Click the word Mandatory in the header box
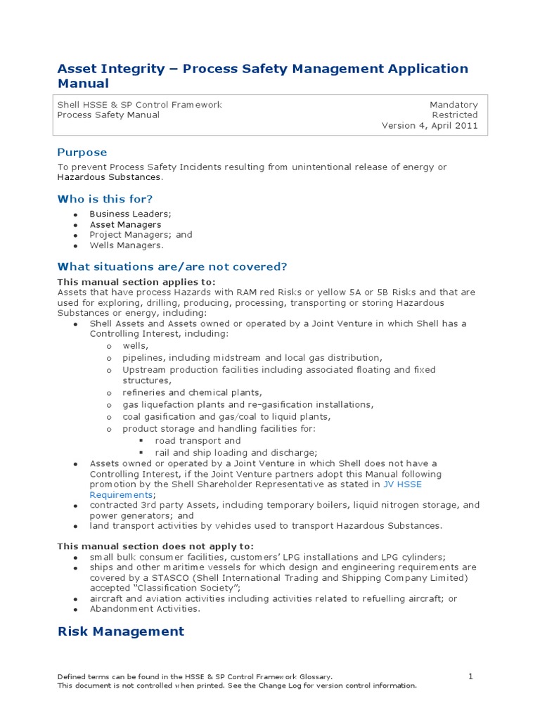(x=454, y=105)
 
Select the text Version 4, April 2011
(x=430, y=126)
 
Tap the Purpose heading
(x=82, y=153)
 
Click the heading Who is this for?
(x=105, y=199)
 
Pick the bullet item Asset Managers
(x=125, y=224)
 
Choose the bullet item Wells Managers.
(x=126, y=245)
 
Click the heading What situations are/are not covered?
(x=172, y=266)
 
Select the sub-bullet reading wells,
(x=135, y=346)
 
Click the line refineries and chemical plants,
(x=192, y=393)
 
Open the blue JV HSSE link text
(x=402, y=484)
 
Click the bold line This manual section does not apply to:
(x=155, y=546)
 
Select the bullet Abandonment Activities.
(x=145, y=609)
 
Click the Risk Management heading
(x=120, y=631)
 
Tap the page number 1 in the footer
(x=471, y=676)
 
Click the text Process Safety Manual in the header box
(x=108, y=115)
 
